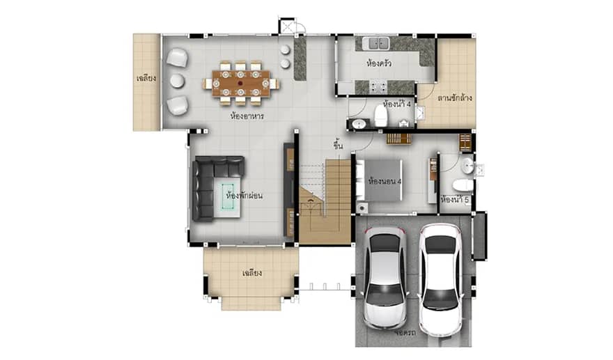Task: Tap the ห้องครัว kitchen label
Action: click(378, 63)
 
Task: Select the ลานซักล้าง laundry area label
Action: click(455, 98)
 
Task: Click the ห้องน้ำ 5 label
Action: click(456, 200)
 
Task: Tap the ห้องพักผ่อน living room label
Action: click(243, 196)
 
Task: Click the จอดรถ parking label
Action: click(404, 334)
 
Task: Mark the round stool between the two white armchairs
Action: click(176, 81)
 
